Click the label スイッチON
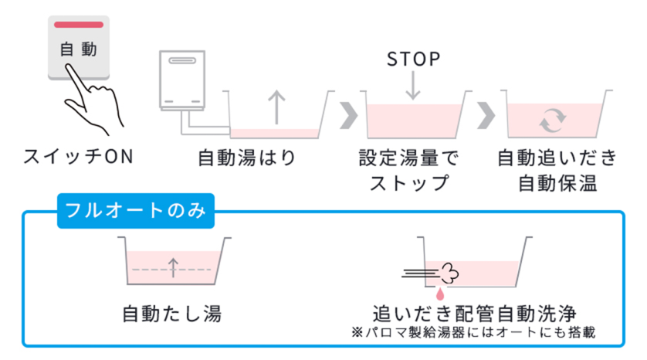click(78, 157)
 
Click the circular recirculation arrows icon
click(553, 119)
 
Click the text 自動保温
click(557, 184)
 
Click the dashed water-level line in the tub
click(172, 269)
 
